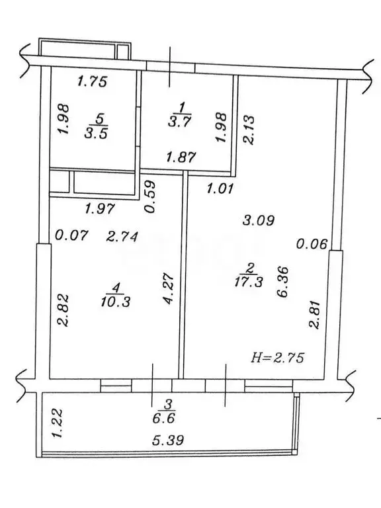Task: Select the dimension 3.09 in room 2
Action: click(260, 220)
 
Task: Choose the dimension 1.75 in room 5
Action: click(93, 82)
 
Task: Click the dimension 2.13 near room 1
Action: click(248, 128)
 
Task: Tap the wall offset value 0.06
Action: click(312, 244)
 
